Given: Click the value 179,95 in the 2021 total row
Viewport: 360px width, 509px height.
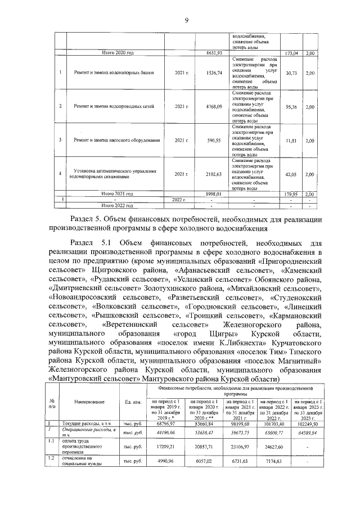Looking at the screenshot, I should pos(291,193).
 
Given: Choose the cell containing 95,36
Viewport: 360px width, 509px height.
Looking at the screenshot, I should pos(291,106).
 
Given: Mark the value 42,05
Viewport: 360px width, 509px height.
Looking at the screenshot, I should pos(291,174).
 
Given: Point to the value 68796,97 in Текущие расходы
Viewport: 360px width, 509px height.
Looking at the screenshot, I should pos(166,423).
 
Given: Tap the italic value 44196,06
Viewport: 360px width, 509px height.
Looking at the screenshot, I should pos(166,432).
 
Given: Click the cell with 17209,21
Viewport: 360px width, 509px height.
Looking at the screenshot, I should pos(166,445).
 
